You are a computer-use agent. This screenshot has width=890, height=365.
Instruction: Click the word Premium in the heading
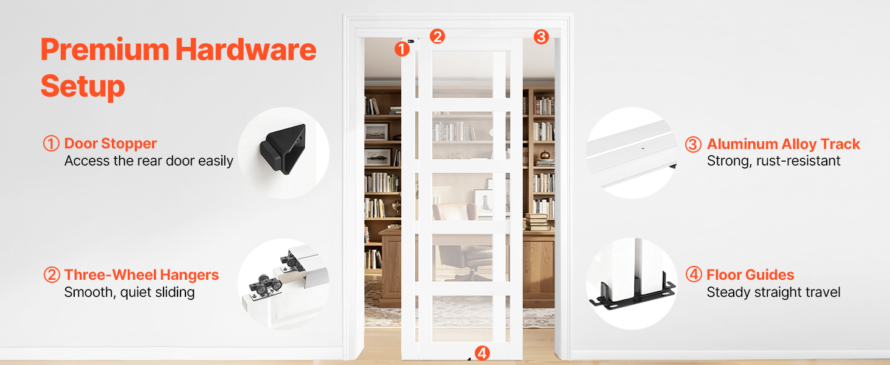tap(105, 50)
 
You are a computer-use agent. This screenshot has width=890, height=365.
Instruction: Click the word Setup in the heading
tap(83, 86)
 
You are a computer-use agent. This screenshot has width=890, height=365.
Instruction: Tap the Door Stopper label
tap(111, 144)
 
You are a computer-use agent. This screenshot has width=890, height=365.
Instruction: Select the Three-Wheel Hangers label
tap(142, 275)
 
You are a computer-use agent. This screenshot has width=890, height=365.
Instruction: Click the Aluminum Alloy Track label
tap(784, 144)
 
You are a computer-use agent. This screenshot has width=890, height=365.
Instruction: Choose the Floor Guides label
tap(750, 275)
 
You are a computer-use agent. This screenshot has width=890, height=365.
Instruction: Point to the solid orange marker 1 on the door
tap(402, 49)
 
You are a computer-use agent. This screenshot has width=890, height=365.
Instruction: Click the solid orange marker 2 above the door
tap(437, 36)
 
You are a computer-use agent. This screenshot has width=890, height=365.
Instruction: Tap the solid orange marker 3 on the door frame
tap(541, 36)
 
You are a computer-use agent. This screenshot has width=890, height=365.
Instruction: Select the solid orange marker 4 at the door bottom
tap(482, 353)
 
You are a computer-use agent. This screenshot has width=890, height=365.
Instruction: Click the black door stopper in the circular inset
tap(283, 149)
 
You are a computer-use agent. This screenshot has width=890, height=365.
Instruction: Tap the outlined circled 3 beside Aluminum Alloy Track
tap(693, 144)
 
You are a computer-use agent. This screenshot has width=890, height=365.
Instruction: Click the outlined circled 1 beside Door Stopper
tap(51, 144)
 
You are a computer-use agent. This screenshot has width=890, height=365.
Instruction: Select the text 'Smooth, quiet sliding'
tap(129, 292)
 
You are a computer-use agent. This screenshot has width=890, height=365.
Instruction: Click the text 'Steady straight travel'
tap(774, 292)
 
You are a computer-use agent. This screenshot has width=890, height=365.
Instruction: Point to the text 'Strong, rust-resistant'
tap(774, 161)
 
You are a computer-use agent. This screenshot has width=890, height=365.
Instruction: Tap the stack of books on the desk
tap(537, 222)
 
